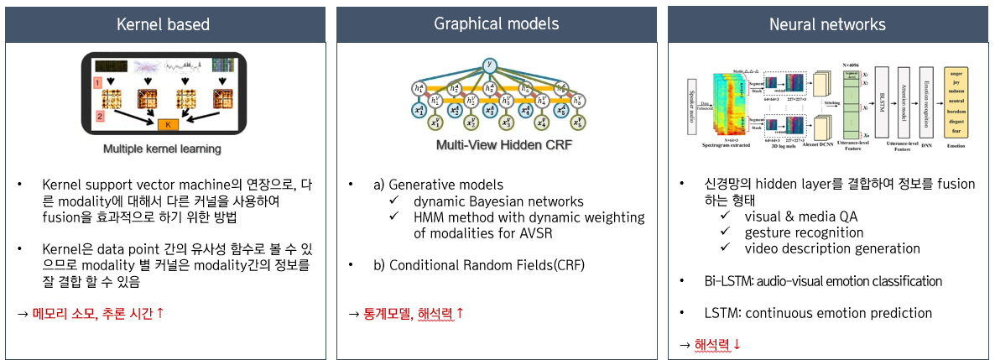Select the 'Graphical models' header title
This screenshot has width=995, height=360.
pyautogui.click(x=496, y=23)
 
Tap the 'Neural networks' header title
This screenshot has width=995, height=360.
pyautogui.click(x=828, y=24)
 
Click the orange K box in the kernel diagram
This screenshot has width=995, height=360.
pyautogui.click(x=169, y=124)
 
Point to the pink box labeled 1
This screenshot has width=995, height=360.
pyautogui.click(x=97, y=84)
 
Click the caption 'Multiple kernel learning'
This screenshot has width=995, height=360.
pyautogui.click(x=162, y=149)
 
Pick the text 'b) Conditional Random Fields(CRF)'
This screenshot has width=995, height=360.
pyautogui.click(x=478, y=265)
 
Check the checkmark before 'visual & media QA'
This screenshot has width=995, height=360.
pyautogui.click(x=727, y=217)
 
